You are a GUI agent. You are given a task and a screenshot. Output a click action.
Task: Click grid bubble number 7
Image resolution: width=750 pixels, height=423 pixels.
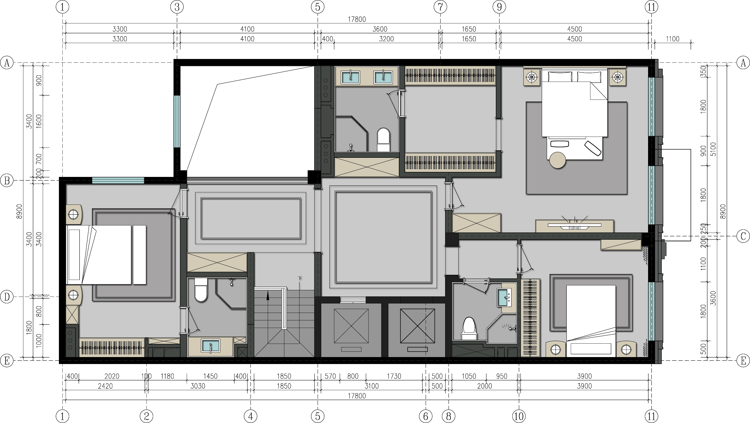(x=440, y=7)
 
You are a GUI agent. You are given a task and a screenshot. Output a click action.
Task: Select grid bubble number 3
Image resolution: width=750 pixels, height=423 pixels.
(x=177, y=7)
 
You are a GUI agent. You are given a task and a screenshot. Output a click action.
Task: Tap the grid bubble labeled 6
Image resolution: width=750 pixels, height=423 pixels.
(x=426, y=416)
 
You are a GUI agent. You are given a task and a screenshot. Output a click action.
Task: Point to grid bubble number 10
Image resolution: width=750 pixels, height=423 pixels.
(x=519, y=416)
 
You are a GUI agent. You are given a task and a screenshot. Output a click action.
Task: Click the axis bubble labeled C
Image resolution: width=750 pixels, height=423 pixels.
(x=743, y=237)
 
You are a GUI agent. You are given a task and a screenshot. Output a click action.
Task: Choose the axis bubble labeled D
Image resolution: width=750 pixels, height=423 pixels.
(x=7, y=297)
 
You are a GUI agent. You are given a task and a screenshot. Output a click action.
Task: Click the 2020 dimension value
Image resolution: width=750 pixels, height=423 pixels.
(x=112, y=376)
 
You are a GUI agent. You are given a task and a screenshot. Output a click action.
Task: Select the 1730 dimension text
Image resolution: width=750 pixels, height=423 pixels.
(x=394, y=376)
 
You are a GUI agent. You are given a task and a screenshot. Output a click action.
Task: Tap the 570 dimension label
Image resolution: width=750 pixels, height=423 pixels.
(x=330, y=376)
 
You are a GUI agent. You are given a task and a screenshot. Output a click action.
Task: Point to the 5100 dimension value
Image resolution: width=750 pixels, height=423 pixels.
(x=713, y=149)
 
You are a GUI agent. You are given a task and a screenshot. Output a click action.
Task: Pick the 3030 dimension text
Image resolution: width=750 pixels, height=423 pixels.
(x=198, y=386)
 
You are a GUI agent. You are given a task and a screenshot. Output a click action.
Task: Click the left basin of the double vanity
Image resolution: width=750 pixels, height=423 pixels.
(x=350, y=77)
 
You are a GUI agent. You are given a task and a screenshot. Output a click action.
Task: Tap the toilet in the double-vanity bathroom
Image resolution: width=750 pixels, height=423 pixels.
(x=383, y=140)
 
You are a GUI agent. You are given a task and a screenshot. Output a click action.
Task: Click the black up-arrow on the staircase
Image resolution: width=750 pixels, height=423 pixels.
(x=267, y=297)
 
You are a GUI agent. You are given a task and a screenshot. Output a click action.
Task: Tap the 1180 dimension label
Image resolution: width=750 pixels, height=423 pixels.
(x=167, y=376)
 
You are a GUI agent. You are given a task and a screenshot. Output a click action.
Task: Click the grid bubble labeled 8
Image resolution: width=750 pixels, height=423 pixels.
(x=448, y=416)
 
